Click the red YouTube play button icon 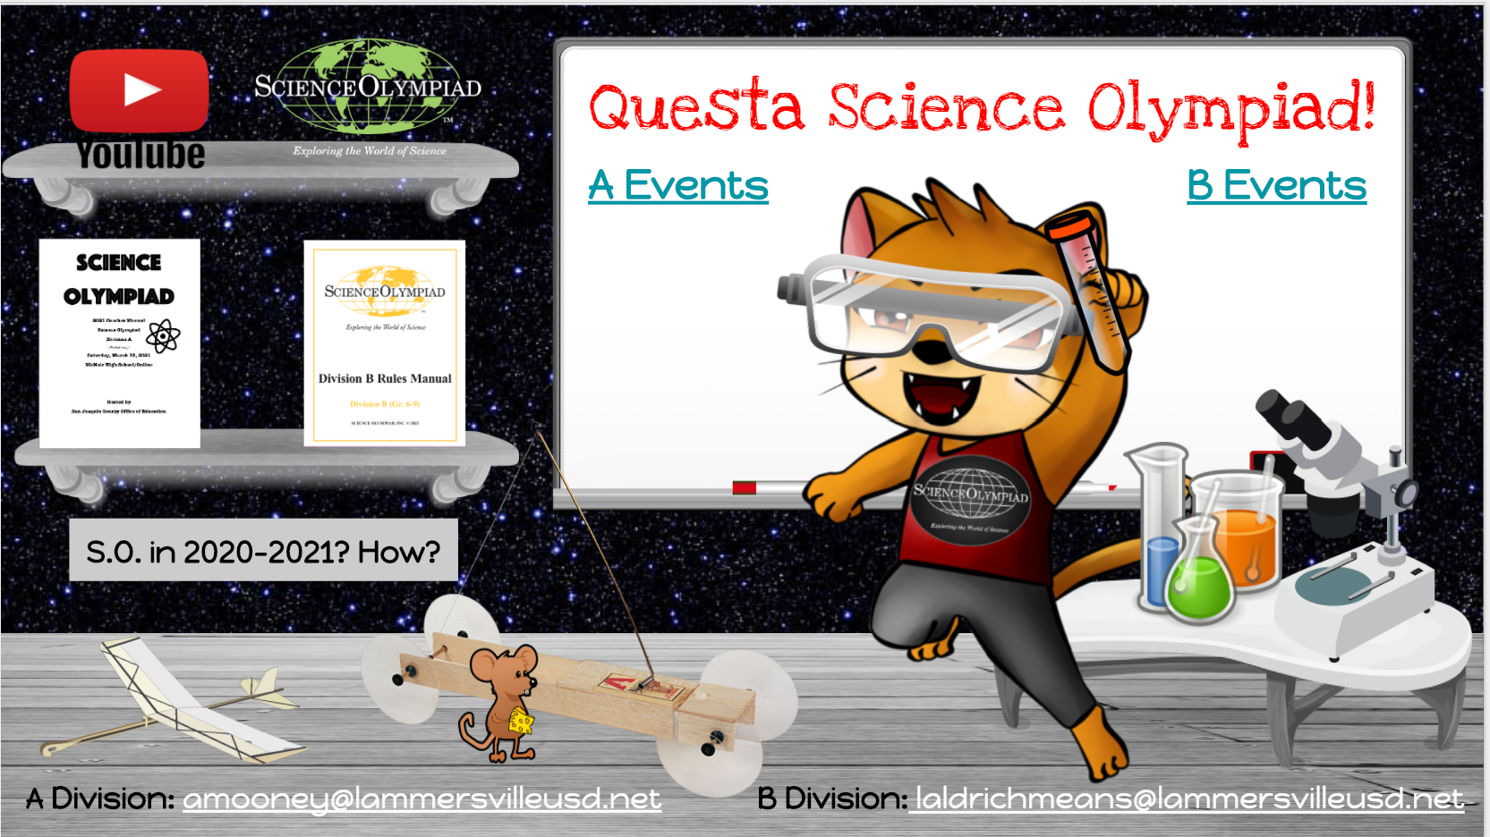point(140,90)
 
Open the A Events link point(677,186)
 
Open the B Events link point(1276,186)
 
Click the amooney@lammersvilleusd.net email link point(421,799)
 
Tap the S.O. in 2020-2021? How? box point(263,551)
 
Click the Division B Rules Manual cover point(385,343)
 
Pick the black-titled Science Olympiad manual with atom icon point(119,343)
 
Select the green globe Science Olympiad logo point(368,88)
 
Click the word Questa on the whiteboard point(696,107)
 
